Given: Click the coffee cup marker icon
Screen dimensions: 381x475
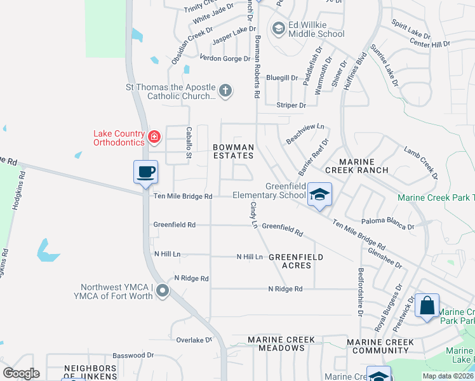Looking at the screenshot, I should (x=145, y=171).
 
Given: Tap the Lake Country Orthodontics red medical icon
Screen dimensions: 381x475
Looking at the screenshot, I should (x=153, y=137).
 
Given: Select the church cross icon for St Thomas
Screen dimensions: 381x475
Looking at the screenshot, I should (x=225, y=91).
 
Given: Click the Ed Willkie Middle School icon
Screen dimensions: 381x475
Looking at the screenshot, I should (x=278, y=29).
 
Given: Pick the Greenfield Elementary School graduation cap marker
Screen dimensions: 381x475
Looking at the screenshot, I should (x=320, y=194).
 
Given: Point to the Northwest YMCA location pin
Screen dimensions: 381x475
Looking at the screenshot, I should (x=163, y=291).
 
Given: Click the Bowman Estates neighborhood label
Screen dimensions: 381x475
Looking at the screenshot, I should (x=233, y=151).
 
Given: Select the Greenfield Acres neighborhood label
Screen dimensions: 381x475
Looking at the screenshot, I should (x=295, y=261).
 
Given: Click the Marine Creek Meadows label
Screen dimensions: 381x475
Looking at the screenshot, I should (x=281, y=344).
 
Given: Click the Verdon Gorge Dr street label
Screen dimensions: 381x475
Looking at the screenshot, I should (x=225, y=58).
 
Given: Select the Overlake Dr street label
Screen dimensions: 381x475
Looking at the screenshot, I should (x=194, y=340).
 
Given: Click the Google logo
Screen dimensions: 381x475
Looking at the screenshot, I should (x=21, y=373).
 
